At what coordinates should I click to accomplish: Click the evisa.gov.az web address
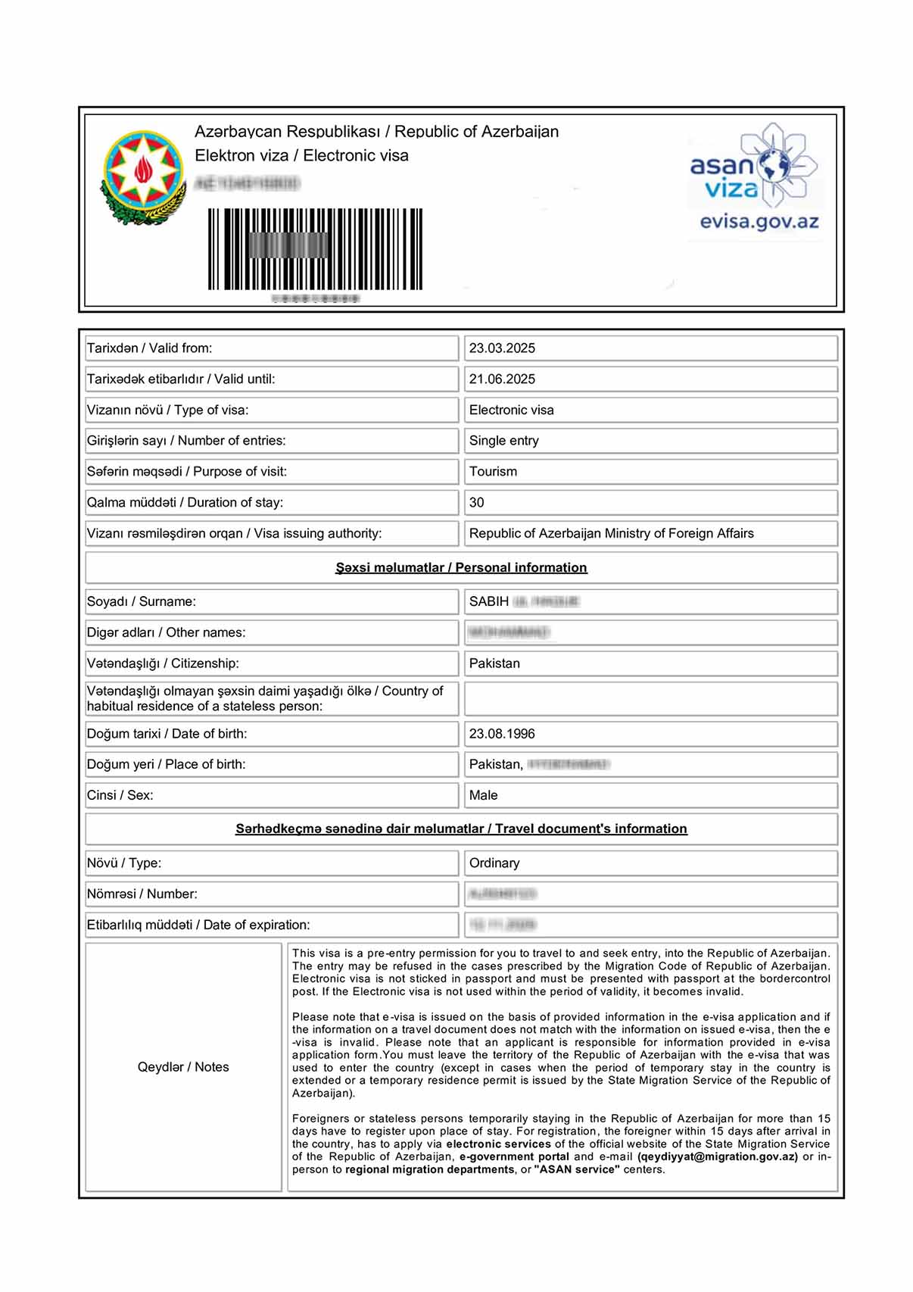tap(759, 222)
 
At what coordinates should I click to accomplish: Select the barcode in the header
tap(315, 249)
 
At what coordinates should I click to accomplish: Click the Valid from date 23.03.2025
tap(502, 348)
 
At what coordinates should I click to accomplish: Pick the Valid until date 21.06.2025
tap(502, 379)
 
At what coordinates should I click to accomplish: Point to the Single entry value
tap(503, 441)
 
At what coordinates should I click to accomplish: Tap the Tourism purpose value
tap(493, 472)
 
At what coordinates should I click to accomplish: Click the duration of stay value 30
tap(476, 503)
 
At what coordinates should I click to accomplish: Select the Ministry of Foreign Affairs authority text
tap(611, 534)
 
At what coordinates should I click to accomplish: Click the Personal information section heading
tap(461, 568)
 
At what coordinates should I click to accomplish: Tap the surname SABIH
tap(489, 602)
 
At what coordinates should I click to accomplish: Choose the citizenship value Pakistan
tap(494, 664)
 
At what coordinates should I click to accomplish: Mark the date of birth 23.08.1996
tap(502, 734)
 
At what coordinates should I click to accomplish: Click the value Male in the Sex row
tap(483, 796)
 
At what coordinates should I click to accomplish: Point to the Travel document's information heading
tap(461, 829)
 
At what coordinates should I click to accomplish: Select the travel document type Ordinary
tap(494, 863)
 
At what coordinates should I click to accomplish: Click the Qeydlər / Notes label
tap(183, 1067)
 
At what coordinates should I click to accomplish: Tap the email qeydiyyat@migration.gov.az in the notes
tap(717, 1157)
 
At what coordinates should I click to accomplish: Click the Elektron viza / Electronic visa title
tap(301, 156)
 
